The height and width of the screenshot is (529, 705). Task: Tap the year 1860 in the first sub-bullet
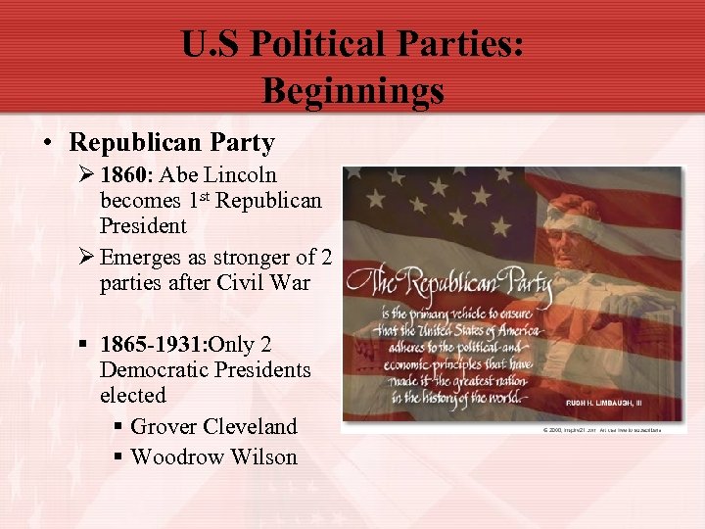[x=126, y=175]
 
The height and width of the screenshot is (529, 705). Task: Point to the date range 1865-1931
[x=153, y=345]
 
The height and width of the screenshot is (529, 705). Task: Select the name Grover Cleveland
[x=213, y=427]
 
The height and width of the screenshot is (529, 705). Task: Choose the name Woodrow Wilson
[x=213, y=457]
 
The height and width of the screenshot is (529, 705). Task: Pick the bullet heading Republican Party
[x=171, y=142]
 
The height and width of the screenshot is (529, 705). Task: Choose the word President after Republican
[x=143, y=225]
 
